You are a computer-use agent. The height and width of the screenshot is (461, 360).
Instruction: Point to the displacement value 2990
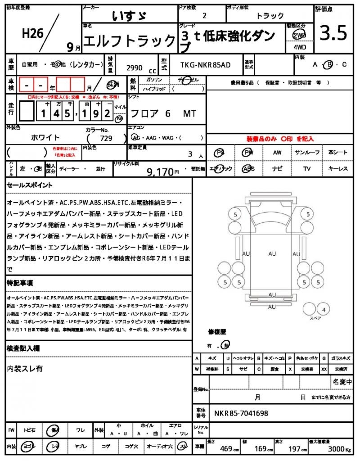[x=135, y=68]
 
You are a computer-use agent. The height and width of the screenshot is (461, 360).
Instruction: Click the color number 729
[x=107, y=138]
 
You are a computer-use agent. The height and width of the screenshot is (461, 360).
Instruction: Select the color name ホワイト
[x=45, y=137]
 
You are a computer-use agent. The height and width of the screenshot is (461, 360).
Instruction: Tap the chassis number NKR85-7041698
[x=241, y=413]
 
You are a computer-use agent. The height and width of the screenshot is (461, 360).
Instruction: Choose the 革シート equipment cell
[x=338, y=153]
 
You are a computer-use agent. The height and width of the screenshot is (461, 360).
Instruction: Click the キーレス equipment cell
[x=338, y=169]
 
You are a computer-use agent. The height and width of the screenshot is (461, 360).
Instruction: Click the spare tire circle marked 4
[x=323, y=309]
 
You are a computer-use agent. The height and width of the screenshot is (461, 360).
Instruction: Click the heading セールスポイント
[x=30, y=185]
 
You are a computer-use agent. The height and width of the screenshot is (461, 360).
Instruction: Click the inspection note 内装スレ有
[x=25, y=368]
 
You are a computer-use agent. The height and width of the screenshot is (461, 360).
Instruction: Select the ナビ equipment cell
[x=277, y=169]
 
